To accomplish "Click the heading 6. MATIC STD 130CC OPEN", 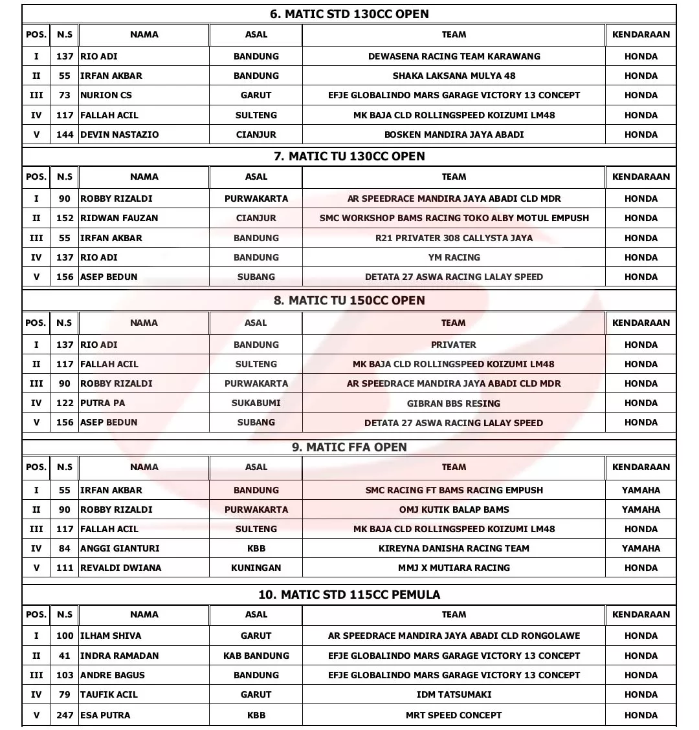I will click(x=349, y=14).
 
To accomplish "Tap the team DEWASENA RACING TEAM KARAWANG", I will click(x=454, y=56).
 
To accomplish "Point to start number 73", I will click(x=65, y=95).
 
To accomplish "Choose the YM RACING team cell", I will click(x=454, y=257).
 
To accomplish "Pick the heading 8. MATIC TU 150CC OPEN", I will click(x=349, y=301).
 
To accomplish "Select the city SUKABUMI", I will click(x=256, y=403).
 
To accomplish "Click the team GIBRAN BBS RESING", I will click(x=453, y=403).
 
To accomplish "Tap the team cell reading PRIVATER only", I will click(x=453, y=345).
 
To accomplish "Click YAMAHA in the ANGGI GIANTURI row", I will click(x=641, y=548).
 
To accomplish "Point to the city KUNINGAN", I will click(x=256, y=568).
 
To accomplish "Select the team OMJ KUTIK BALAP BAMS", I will click(x=454, y=510).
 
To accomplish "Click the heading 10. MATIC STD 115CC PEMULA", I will click(x=349, y=595).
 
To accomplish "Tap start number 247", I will click(x=65, y=715).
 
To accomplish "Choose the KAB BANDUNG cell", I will click(x=256, y=656).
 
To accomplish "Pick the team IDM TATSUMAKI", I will click(x=454, y=694).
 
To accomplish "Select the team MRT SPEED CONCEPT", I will click(x=454, y=715).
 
